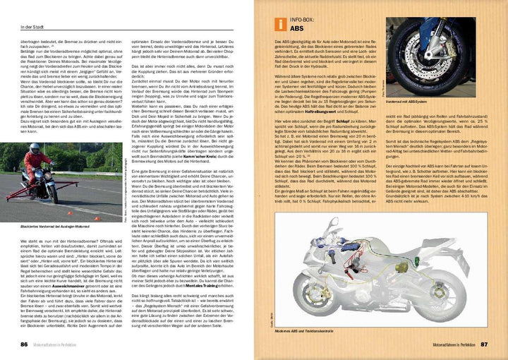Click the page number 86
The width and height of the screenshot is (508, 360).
[x=23, y=344]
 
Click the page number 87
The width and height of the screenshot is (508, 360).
[x=485, y=344]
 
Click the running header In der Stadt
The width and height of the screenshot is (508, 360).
[x=32, y=7]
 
